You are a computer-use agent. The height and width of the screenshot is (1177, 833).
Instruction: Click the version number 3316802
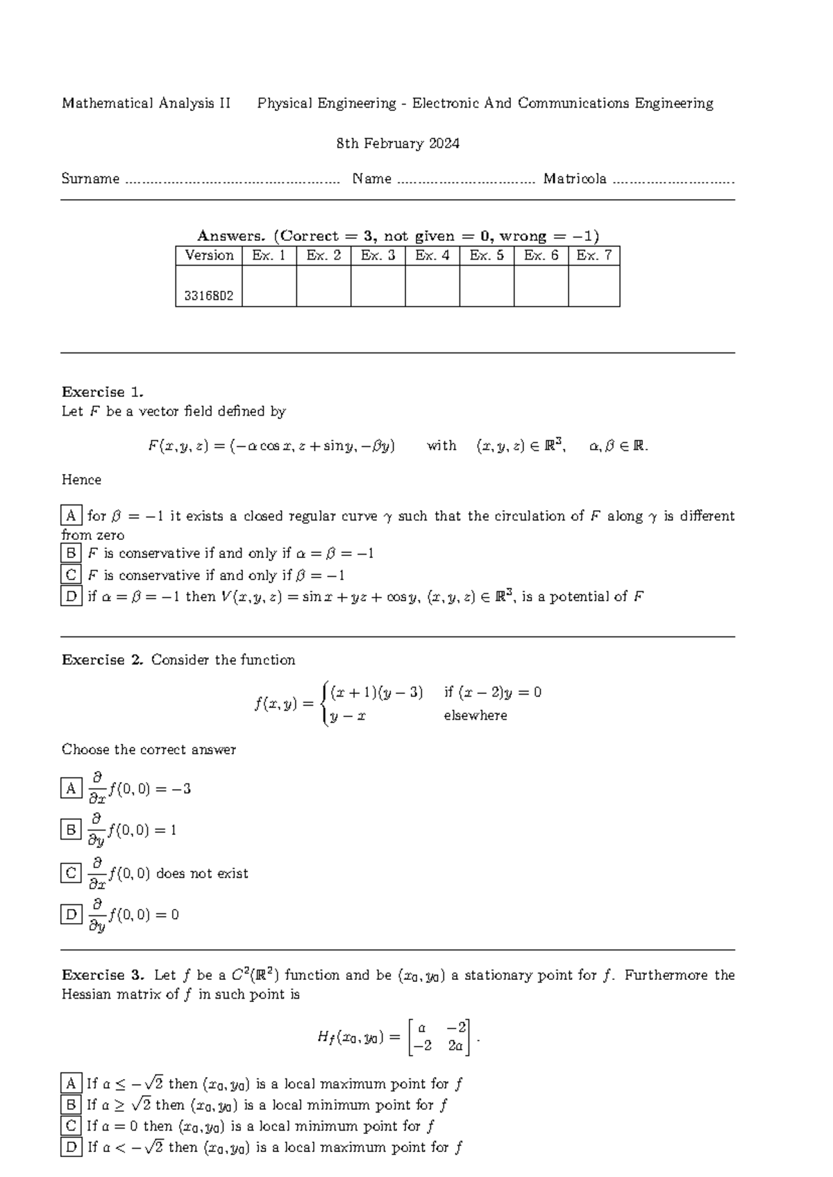209,296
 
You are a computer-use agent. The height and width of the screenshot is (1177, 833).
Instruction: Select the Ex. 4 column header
432,255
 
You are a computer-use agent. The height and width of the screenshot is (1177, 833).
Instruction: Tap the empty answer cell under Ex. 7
594,286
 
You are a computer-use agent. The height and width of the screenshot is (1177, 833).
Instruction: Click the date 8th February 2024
398,144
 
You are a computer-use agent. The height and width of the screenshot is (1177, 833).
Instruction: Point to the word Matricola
575,179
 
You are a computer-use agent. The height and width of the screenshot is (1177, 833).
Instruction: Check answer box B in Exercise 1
71,553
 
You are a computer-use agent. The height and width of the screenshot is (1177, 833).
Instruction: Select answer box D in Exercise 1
71,596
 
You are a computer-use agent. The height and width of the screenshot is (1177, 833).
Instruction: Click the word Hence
81,480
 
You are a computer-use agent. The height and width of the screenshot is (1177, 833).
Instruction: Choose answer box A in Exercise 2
71,788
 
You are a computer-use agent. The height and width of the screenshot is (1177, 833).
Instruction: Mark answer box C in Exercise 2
71,872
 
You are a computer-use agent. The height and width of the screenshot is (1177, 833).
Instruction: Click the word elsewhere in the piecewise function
476,715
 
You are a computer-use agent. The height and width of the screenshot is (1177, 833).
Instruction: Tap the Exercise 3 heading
102,975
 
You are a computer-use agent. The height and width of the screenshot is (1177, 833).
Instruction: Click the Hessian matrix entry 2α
455,1046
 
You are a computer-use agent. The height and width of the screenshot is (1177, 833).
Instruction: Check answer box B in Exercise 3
71,1104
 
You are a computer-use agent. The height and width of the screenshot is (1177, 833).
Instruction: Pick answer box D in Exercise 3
71,1147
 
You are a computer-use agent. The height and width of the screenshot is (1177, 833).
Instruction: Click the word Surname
90,179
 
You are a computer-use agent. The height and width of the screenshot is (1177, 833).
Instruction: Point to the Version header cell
209,255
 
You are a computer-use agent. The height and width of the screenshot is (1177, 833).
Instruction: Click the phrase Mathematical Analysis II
146,103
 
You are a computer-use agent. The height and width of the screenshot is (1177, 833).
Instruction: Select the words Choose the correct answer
149,750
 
